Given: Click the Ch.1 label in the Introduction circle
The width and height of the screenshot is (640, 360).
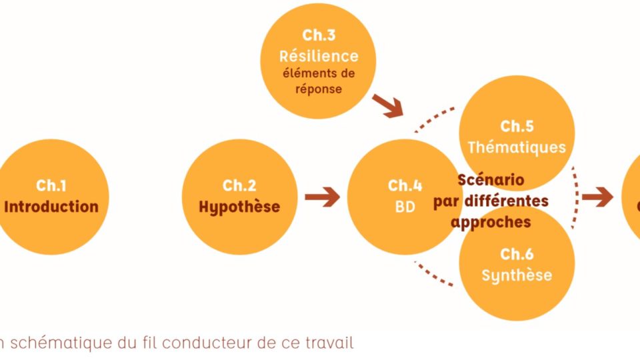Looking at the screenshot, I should [x=51, y=185].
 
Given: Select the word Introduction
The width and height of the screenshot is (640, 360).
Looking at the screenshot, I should [x=51, y=207].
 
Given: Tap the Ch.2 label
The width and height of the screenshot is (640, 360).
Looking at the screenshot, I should [x=239, y=185].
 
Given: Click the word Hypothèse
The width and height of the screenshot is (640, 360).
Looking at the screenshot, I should [x=239, y=207].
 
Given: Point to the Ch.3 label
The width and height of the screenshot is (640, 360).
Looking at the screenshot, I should [x=318, y=35].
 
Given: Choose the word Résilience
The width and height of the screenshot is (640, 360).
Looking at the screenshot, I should [x=319, y=56].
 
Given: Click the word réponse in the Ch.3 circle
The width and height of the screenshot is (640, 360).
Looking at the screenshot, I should [x=319, y=89].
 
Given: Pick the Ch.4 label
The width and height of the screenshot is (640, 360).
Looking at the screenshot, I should [x=405, y=185].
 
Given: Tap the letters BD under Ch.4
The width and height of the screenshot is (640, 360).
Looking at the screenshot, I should [x=405, y=207].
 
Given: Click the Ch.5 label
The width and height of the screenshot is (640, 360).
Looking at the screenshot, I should [x=517, y=126].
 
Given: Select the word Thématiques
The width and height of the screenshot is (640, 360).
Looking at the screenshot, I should [x=517, y=147].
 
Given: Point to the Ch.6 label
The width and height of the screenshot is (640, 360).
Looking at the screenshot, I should [x=517, y=254].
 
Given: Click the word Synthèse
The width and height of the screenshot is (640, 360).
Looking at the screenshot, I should [x=517, y=275].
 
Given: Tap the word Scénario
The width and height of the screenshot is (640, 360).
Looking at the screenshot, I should [x=491, y=180].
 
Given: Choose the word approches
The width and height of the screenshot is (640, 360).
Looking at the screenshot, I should [x=491, y=222].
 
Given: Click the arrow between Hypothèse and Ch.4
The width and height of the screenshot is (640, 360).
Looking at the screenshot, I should [x=323, y=197].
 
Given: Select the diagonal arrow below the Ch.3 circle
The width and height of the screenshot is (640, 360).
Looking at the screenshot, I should [x=388, y=105].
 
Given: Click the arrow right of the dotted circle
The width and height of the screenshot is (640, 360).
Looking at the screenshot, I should [x=597, y=197].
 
